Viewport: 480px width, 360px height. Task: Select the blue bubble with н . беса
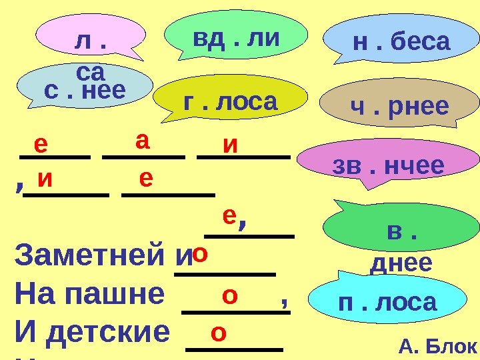click(x=401, y=41)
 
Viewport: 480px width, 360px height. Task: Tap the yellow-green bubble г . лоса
click(x=229, y=101)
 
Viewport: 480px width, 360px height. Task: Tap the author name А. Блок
click(x=437, y=347)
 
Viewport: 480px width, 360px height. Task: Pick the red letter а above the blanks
click(x=143, y=141)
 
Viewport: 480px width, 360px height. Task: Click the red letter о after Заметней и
click(x=199, y=255)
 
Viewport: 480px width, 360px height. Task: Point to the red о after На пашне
click(x=230, y=294)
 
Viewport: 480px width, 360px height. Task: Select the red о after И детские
click(x=217, y=331)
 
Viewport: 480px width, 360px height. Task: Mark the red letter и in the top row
click(x=231, y=145)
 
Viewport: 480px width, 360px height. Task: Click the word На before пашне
click(x=31, y=295)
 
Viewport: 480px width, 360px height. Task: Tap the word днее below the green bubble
click(x=401, y=263)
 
